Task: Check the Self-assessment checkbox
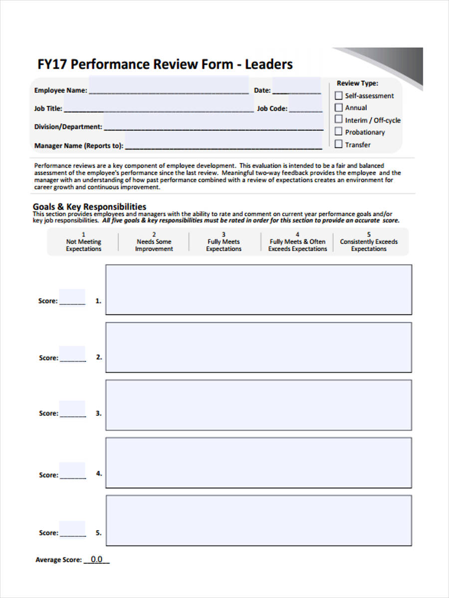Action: (339, 95)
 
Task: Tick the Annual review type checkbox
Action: (339, 107)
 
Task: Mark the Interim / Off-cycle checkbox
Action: (339, 120)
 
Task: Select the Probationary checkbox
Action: (339, 132)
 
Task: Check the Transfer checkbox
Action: (339, 144)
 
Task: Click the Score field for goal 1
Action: (72, 298)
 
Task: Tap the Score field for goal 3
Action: (72, 410)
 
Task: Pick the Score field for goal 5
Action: (72, 529)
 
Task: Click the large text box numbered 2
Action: (258, 347)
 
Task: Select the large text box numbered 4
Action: (258, 462)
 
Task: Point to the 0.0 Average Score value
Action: (96, 560)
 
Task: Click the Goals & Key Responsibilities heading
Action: (90, 206)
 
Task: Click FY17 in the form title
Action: (52, 64)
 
